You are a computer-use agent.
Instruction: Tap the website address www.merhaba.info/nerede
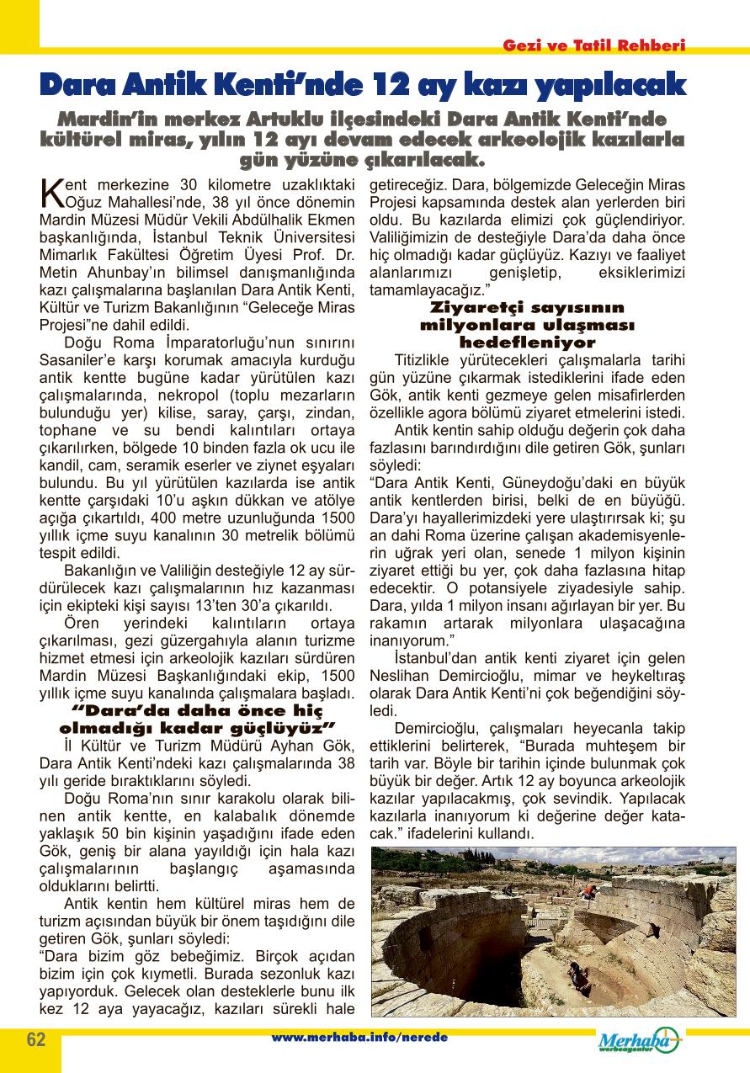pos(359,1038)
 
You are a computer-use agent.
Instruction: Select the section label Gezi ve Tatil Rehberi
pos(594,45)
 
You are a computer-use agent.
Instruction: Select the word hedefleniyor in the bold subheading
pos(527,343)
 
